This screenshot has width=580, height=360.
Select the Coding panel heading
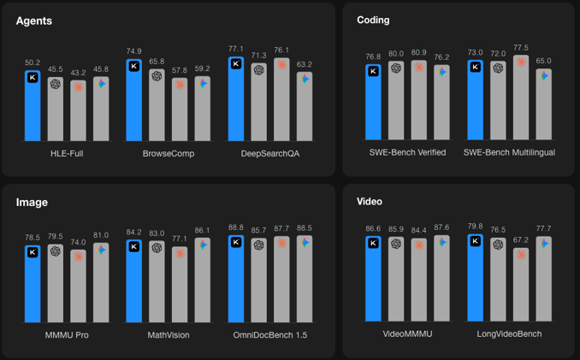pos(373,20)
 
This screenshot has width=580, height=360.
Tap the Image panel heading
pos(32,203)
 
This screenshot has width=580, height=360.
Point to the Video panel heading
pos(370,202)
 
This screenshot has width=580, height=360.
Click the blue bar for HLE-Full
pos(33,107)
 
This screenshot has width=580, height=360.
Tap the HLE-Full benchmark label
pos(66,153)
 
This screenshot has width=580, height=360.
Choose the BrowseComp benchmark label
pos(169,153)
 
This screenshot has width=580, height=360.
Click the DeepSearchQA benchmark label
pos(269,153)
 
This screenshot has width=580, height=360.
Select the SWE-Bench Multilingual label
pos(509,152)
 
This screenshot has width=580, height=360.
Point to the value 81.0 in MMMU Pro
pos(101,235)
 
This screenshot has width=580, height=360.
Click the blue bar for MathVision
pos(134,282)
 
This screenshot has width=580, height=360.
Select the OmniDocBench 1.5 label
pos(269,334)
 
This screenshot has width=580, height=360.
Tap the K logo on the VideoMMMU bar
pos(373,244)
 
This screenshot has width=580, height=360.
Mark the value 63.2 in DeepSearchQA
pos(305,64)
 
